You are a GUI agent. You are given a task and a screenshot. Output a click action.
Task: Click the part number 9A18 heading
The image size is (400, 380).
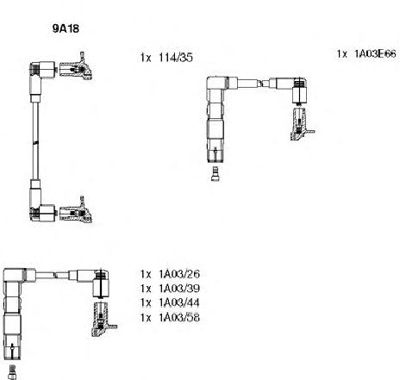[66, 28]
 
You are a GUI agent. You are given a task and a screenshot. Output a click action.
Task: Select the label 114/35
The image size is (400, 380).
[176, 58]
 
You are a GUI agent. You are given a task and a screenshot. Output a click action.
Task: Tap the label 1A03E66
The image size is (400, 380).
[375, 53]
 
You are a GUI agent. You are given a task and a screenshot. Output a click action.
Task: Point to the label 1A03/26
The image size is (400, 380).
[179, 274]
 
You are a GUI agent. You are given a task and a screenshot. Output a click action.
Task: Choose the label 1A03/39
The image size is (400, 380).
[179, 289]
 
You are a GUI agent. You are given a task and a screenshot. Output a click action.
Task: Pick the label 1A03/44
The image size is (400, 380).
[179, 302]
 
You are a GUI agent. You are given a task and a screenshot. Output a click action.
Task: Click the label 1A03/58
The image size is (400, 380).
[179, 317]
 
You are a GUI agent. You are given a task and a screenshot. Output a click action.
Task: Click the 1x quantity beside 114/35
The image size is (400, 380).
[146, 58]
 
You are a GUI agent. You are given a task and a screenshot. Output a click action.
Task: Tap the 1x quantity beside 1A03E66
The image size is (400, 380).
[342, 53]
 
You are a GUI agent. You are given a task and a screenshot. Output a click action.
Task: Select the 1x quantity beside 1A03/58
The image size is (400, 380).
[146, 317]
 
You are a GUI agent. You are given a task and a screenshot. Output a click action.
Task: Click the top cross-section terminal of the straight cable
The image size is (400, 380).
[76, 67]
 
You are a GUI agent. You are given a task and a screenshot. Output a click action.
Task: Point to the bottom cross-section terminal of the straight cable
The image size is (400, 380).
[76, 211]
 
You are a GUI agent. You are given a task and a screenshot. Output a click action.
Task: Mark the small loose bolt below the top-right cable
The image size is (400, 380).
[215, 174]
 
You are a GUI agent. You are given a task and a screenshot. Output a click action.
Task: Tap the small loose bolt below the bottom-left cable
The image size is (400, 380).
[12, 372]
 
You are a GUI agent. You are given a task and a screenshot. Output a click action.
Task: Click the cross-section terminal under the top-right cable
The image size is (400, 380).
[301, 124]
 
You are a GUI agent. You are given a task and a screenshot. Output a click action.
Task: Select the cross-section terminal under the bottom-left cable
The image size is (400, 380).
[103, 319]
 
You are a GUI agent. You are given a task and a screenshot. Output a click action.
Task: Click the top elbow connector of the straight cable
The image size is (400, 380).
[41, 71]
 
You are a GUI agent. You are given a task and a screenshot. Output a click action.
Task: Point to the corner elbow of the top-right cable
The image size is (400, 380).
[216, 84]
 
